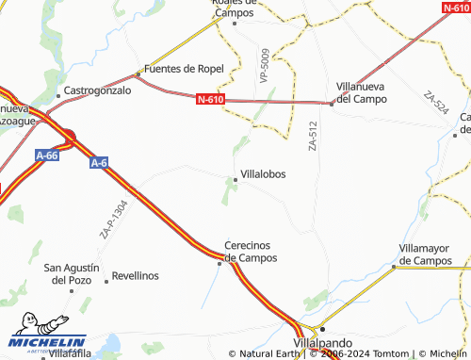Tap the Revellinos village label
(x=136, y=276)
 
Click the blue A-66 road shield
(x=47, y=154)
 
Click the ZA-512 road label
(x=313, y=136)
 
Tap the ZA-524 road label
(x=435, y=104)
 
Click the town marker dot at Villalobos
(x=235, y=177)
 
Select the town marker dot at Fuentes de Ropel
(x=138, y=73)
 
